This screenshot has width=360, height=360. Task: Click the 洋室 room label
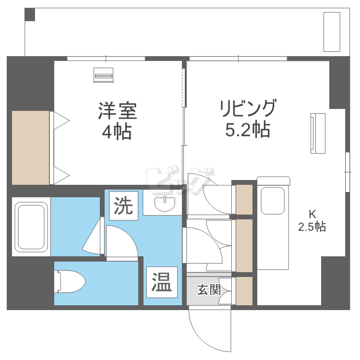click(x=117, y=111)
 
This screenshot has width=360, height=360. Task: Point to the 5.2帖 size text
click(x=248, y=130)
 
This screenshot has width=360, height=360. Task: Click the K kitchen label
click(x=312, y=214)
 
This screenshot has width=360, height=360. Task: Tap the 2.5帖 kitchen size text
click(x=312, y=227)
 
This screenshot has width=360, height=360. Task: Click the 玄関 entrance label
click(x=209, y=290)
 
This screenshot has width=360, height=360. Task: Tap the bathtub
click(x=32, y=227)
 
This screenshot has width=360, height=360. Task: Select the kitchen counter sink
click(x=273, y=201)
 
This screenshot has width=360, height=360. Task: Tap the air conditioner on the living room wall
click(x=318, y=133)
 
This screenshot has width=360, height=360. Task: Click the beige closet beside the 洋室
click(x=31, y=147)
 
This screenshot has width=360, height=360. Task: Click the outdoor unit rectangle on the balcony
click(x=332, y=32)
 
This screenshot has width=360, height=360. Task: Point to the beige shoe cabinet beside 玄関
click(x=244, y=291)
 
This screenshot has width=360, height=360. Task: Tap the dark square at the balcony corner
click(x=30, y=14)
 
